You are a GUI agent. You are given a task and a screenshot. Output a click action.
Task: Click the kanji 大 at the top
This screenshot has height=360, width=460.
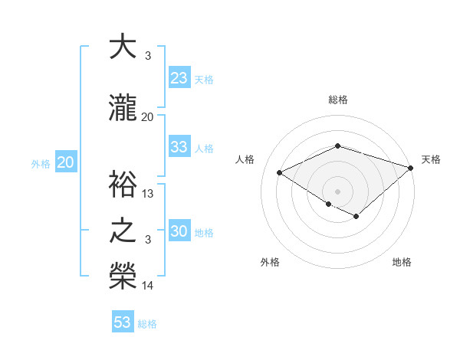tap(123, 47)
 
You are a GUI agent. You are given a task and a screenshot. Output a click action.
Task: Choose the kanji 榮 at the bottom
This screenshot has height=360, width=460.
tap(123, 277)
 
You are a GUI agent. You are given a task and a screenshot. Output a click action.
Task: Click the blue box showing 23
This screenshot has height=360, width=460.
tap(179, 77)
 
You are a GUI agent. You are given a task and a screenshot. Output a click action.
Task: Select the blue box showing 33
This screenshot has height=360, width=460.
tap(179, 147)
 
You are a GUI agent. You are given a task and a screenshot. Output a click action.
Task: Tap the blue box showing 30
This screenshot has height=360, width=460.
tap(179, 231)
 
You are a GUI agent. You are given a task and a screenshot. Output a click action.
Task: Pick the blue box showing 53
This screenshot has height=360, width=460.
tap(123, 322)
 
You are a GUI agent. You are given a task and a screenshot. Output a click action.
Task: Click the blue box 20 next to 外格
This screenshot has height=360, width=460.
tap(66, 162)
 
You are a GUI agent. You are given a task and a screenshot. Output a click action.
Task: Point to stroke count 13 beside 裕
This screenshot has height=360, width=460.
tap(148, 194)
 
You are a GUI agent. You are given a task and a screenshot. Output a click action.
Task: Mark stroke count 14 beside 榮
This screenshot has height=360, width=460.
tap(148, 286)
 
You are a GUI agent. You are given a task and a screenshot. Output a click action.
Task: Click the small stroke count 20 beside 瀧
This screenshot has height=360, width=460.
tap(148, 116)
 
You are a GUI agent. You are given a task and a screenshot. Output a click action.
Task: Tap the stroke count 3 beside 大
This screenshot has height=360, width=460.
tap(148, 56)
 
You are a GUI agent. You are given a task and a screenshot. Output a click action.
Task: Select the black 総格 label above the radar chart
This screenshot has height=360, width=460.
tap(338, 100)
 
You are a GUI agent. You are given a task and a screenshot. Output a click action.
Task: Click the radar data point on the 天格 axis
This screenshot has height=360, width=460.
tap(412, 168)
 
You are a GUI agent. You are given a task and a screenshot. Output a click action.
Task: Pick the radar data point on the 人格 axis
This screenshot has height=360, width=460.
tap(280, 172)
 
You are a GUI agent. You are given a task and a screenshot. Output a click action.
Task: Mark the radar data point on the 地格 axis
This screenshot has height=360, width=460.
tap(356, 217)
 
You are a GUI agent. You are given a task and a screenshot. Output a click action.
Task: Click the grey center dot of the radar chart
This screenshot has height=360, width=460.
tap(337, 190)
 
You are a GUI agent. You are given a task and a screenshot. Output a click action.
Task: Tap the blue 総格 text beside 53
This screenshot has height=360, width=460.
tap(147, 323)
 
